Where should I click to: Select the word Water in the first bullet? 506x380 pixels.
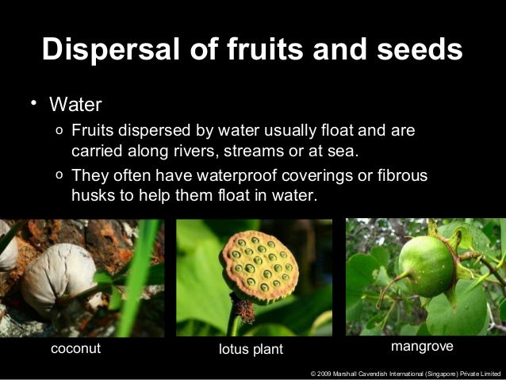coord(76,104)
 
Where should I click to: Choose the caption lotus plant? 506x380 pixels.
coord(250,350)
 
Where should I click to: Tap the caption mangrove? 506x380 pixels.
coord(422,348)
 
